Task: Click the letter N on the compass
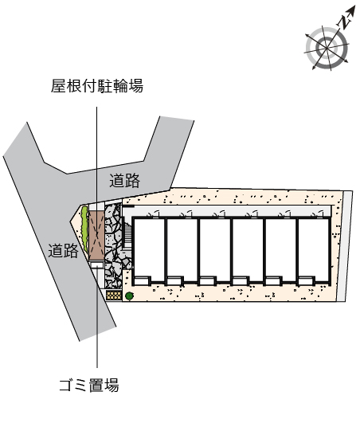pos(344,22)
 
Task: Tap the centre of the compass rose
pos(327,49)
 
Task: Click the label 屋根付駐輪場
pos(97,86)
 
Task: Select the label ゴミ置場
pos(89,385)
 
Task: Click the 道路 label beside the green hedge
pos(64,250)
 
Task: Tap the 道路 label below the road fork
pos(124,181)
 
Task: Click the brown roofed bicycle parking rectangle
pos(96,236)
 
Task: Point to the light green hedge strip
pos(84,229)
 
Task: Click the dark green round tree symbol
pos(130,296)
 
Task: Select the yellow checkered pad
pos(114,295)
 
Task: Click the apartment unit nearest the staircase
pos(149,251)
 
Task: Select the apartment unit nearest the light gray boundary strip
pos(314,251)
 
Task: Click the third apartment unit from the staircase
pos(215,251)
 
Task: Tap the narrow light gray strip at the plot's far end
pos(345,246)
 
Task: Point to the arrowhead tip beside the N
pos(355,6)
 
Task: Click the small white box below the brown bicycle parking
pos(96,266)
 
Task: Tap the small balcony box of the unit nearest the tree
pos(142,281)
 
